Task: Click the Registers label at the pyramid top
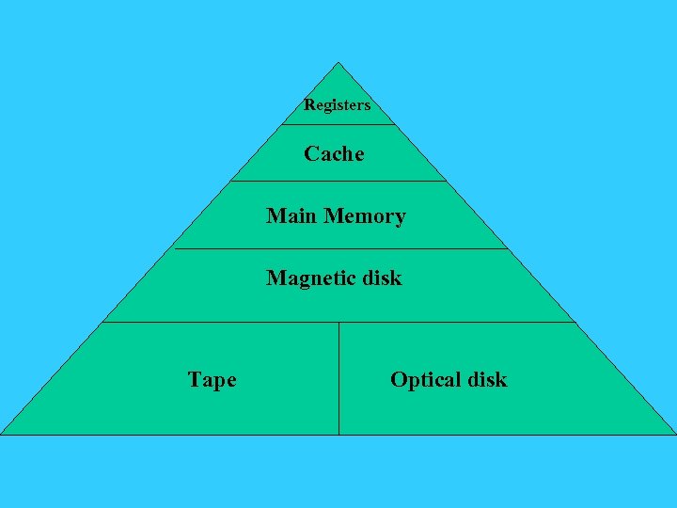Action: pyautogui.click(x=337, y=105)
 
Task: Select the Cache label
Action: pyautogui.click(x=334, y=153)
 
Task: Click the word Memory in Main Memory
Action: pyautogui.click(x=365, y=217)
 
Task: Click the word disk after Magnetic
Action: pyautogui.click(x=381, y=278)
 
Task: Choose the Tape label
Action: pyautogui.click(x=212, y=380)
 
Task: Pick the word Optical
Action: pyautogui.click(x=424, y=380)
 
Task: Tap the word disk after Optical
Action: pyautogui.click(x=486, y=379)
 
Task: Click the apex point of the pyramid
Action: pyautogui.click(x=338, y=63)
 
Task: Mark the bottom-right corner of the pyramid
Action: pyautogui.click(x=674, y=434)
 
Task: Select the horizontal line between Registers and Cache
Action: pyautogui.click(x=338, y=124)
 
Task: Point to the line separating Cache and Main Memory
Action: pyautogui.click(x=338, y=181)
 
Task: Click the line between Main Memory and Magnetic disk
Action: pyautogui.click(x=338, y=249)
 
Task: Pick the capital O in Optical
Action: pyautogui.click(x=398, y=379)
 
